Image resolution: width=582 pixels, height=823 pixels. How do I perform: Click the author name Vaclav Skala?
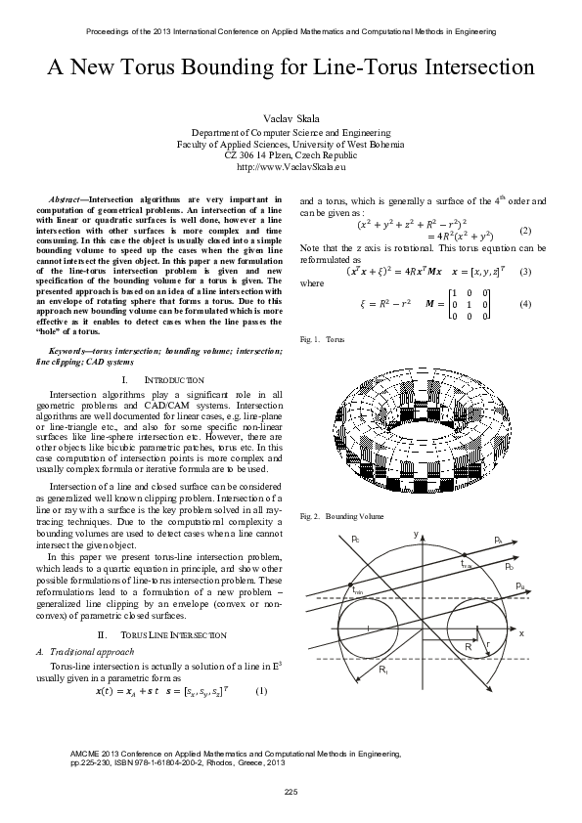tap(291, 116)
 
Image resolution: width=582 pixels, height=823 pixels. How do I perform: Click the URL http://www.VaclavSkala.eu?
tap(291, 167)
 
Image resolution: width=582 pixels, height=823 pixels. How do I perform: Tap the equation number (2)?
tap(524, 231)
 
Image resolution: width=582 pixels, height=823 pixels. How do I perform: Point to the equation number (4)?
tap(524, 304)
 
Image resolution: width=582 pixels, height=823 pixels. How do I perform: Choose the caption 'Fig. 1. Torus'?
tap(322, 339)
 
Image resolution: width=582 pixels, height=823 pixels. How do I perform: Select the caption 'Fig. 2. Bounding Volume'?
tap(341, 515)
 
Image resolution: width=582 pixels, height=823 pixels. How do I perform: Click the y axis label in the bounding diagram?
tap(416, 534)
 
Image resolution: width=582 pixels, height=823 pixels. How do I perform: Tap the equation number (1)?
tap(260, 691)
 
